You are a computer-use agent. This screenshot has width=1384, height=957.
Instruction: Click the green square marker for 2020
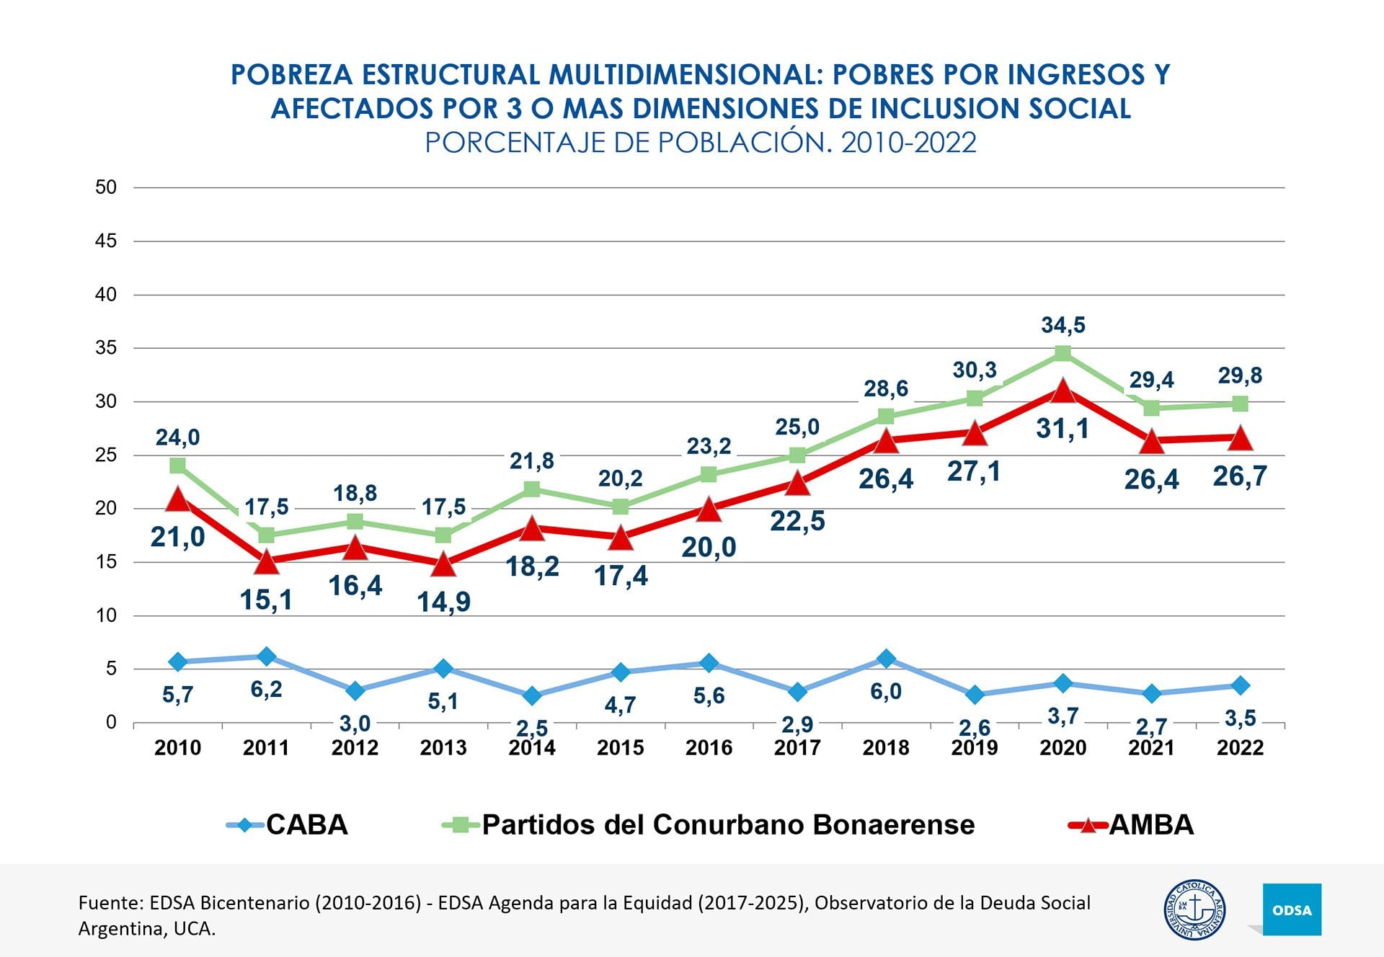(x=1063, y=353)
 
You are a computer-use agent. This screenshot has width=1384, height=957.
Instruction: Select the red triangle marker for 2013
(x=443, y=564)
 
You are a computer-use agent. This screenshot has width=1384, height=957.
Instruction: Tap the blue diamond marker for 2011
(x=266, y=656)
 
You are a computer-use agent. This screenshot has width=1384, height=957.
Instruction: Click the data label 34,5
(x=1063, y=325)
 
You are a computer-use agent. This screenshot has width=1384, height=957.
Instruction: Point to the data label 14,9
(x=443, y=602)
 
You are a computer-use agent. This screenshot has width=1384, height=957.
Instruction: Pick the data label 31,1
(x=1063, y=429)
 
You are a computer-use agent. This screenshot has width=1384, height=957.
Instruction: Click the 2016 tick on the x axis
(x=709, y=747)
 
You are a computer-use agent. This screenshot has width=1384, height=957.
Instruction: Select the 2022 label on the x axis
(x=1240, y=747)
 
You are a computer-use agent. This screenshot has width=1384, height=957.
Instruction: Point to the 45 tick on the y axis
(x=106, y=241)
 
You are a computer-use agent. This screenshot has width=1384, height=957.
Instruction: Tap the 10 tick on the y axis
(x=106, y=615)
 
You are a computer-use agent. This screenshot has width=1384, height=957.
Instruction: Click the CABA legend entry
(x=288, y=824)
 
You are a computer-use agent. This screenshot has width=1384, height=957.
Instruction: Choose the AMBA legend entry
(x=1132, y=824)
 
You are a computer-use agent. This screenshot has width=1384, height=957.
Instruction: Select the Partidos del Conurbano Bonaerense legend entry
(x=709, y=824)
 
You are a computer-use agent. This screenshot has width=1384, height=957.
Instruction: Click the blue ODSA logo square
(x=1292, y=909)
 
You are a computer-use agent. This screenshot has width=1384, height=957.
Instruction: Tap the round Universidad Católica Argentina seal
(x=1194, y=909)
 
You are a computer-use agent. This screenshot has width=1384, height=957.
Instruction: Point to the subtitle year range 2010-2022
(x=908, y=143)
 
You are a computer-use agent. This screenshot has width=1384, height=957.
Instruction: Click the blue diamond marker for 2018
(x=886, y=658)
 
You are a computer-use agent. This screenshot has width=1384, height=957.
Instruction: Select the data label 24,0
(x=177, y=437)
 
